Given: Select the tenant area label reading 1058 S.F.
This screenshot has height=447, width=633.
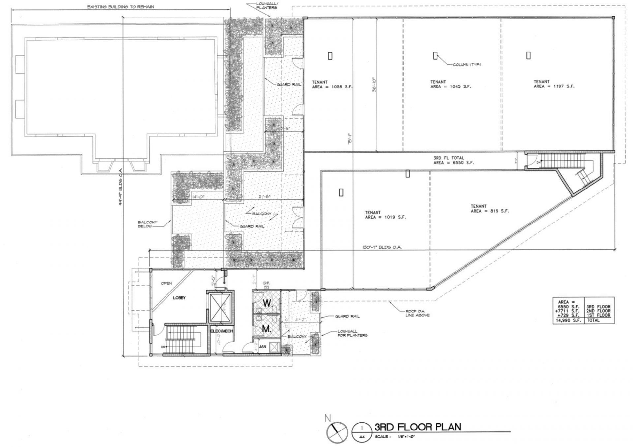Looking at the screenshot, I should (332, 85).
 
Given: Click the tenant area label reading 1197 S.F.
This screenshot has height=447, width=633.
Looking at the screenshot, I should (554, 84).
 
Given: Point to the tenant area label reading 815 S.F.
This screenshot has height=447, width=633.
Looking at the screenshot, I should (490, 208).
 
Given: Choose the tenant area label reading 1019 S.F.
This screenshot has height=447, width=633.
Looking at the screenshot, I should (385, 215).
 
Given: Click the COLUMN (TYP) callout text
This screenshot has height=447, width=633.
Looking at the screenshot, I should (467, 65).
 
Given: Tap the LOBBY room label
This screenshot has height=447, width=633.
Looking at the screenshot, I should (179, 298).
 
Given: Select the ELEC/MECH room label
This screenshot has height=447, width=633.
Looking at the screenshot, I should (222, 331).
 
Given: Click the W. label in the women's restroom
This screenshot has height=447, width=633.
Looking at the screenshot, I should (267, 303).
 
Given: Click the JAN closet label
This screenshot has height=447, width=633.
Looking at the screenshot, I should (262, 347).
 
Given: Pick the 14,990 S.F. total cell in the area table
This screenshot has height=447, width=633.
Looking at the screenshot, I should (568, 320).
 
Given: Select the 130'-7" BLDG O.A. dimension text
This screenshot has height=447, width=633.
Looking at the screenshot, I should (382, 247).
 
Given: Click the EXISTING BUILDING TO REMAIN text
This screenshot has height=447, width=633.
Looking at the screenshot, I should (120, 7).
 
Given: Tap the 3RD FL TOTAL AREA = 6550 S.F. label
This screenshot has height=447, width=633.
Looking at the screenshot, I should (453, 160).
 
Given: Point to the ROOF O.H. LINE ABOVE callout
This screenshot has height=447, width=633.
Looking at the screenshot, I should (417, 313).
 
